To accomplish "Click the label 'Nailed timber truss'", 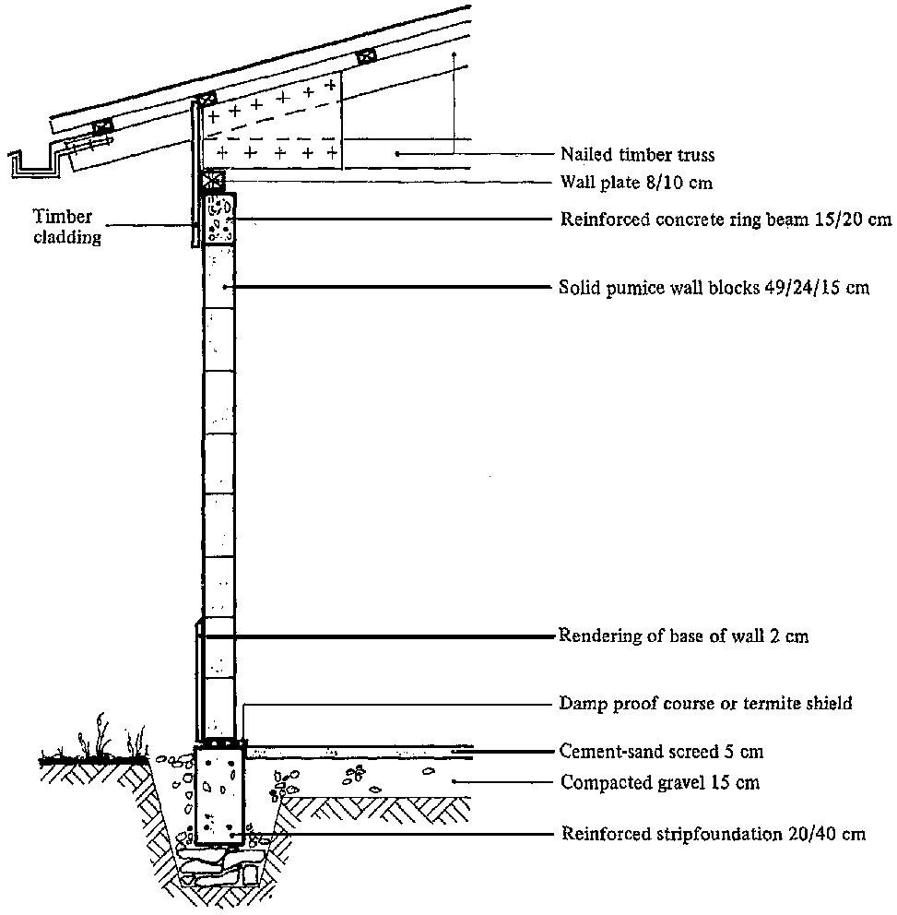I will [637, 154].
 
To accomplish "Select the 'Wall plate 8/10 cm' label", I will [636, 184].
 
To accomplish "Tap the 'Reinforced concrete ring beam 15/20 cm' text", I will [726, 220].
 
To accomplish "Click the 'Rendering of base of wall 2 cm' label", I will [683, 636].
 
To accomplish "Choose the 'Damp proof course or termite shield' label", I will [706, 704].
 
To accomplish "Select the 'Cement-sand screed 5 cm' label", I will [662, 752].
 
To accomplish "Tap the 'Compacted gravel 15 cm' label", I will [660, 783].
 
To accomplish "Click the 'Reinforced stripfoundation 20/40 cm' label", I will [714, 834].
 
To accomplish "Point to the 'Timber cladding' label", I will [64, 226].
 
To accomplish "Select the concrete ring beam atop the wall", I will [218, 219].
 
